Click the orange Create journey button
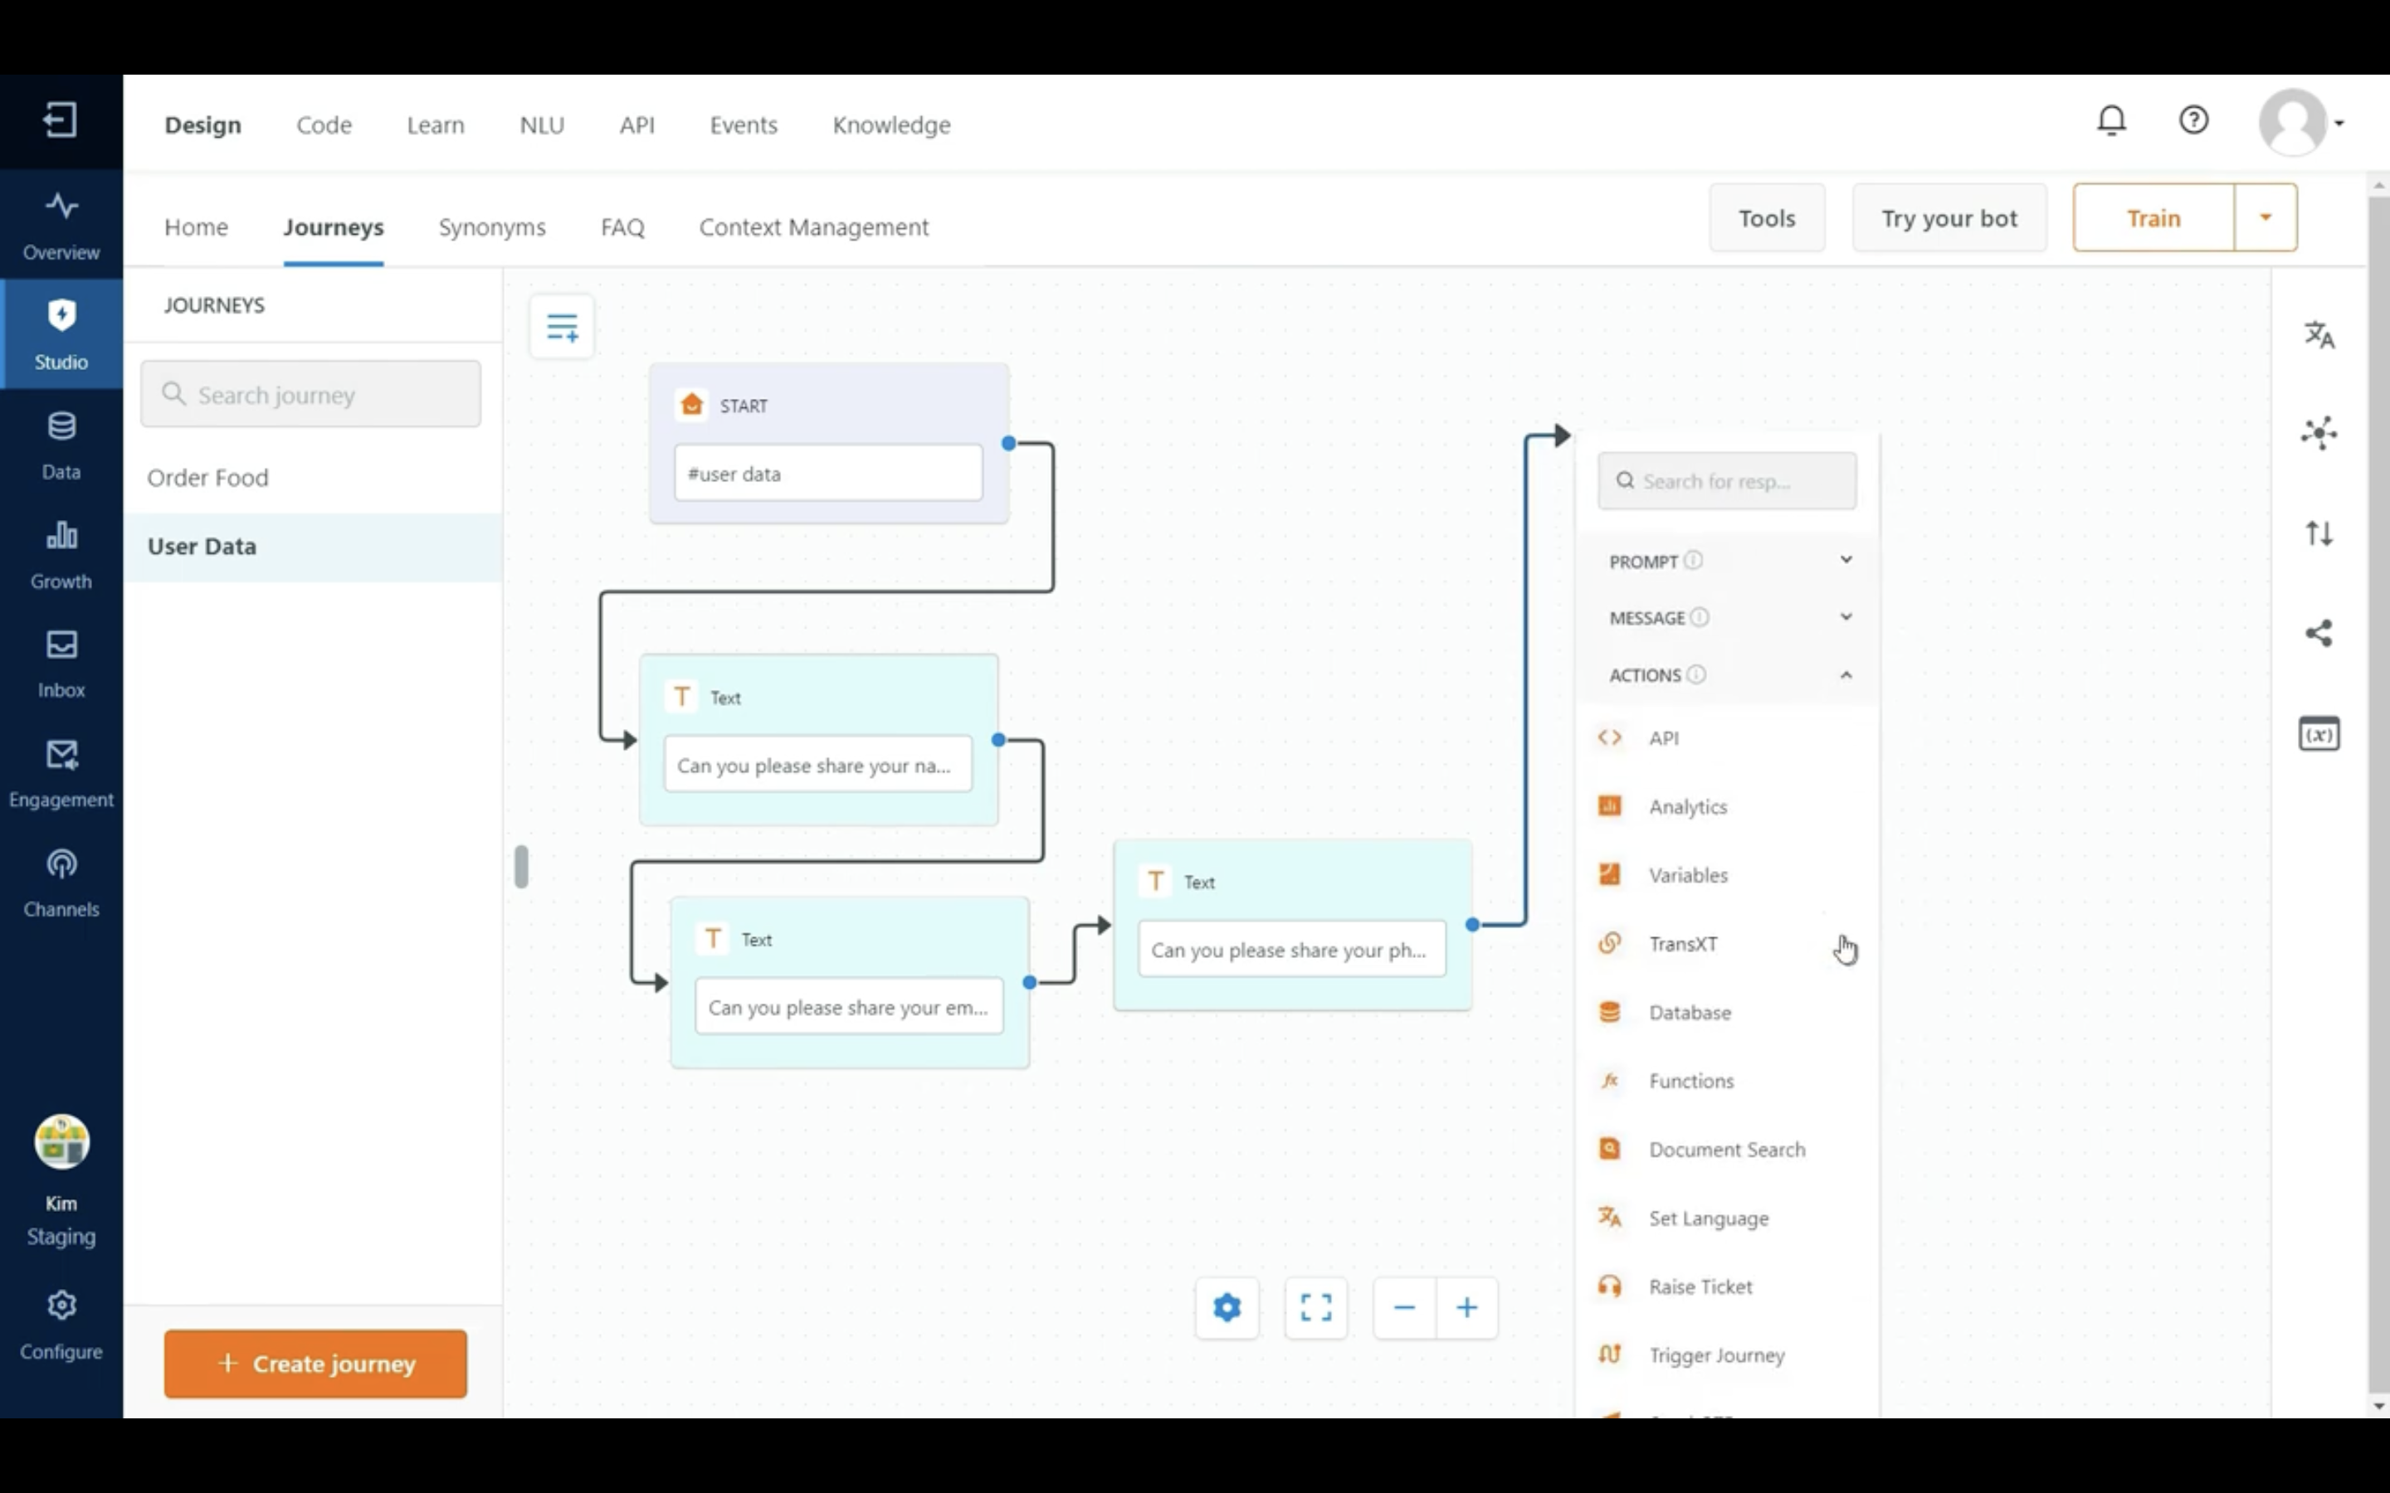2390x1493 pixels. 315,1363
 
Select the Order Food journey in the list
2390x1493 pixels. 207,478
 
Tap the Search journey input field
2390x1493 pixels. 310,394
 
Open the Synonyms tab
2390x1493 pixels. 492,227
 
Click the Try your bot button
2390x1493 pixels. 1949,218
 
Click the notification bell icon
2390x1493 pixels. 2111,120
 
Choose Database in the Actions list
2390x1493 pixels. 1689,1012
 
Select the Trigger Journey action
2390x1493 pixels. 1715,1354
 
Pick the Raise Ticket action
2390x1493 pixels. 1700,1286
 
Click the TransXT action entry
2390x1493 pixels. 1682,944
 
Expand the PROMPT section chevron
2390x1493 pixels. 1845,560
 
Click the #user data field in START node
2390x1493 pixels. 827,473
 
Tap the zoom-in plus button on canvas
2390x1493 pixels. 1466,1307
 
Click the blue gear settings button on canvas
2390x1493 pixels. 1227,1307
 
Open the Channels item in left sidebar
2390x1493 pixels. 61,883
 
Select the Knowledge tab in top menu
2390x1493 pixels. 890,125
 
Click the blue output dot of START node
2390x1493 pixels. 1008,444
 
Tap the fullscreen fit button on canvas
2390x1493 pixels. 1315,1307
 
